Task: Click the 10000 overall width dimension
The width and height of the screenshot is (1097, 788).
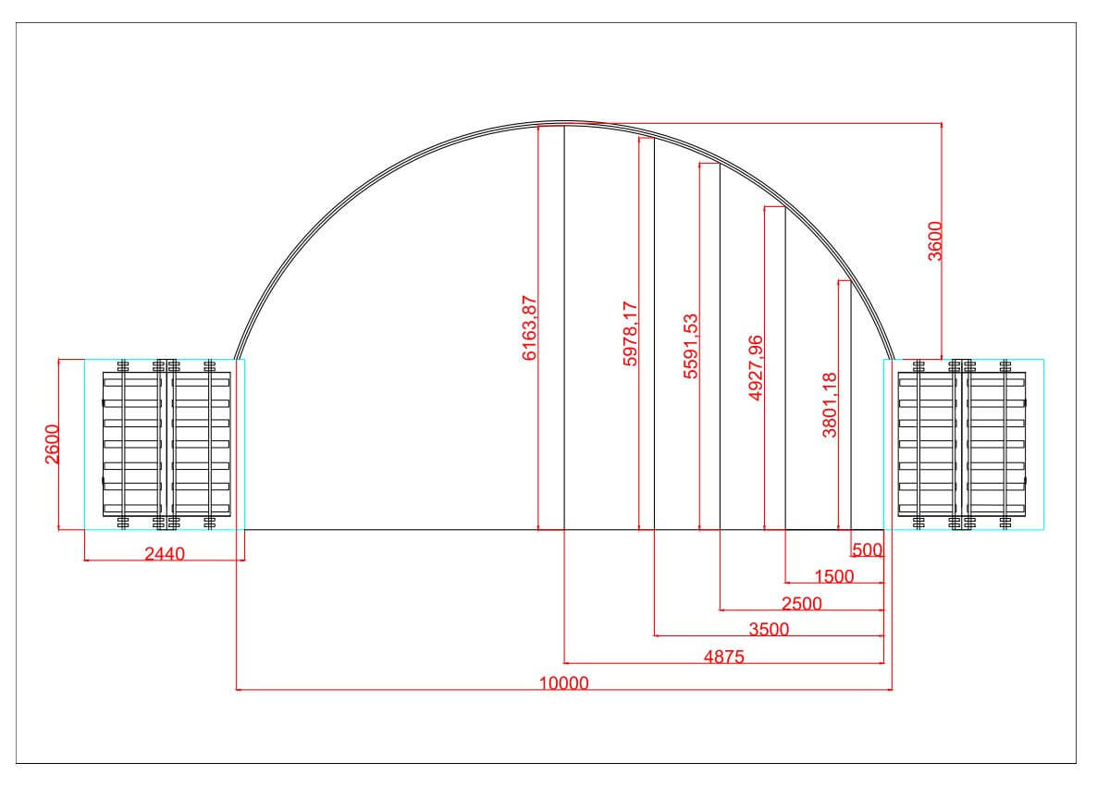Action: coord(563,683)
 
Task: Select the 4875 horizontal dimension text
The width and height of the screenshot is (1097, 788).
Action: coord(723,657)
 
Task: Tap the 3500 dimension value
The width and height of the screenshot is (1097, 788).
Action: coord(769,630)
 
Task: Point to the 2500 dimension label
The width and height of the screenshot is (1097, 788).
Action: coord(801,604)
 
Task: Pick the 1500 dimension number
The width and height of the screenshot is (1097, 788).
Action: coord(833,576)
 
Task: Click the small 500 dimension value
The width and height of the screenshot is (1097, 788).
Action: coord(868,550)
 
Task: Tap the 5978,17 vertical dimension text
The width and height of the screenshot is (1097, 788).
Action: coord(630,334)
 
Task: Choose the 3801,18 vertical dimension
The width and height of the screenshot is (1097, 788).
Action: coord(830,403)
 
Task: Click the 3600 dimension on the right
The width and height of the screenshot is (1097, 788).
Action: coord(935,241)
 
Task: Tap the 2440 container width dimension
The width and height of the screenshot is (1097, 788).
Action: coord(165,554)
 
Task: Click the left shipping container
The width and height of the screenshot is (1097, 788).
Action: coord(165,444)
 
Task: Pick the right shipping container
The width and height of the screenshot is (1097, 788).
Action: coord(963,444)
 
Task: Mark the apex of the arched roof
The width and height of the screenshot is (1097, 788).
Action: coord(564,121)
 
